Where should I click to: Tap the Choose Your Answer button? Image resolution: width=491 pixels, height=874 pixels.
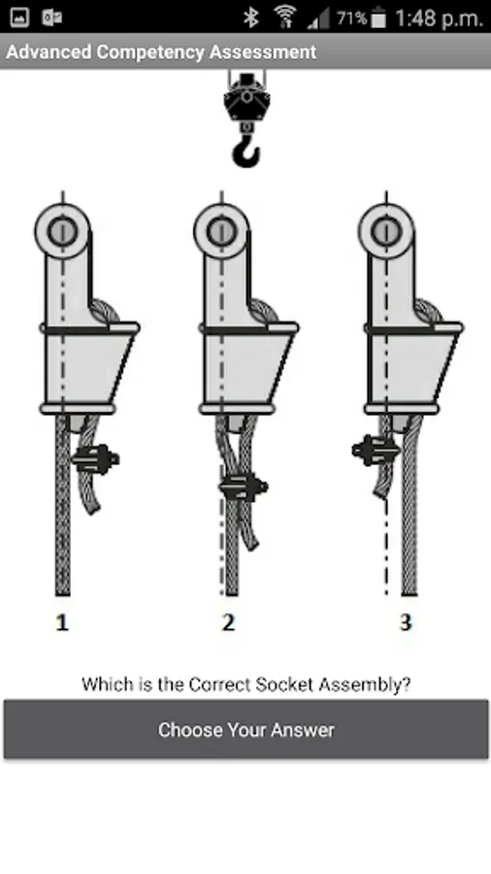pos(245,729)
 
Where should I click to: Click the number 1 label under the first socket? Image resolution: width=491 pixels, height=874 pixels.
pos(62,622)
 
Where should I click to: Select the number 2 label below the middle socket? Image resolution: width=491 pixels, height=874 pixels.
pos(228,622)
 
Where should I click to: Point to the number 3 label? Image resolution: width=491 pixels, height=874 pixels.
pos(406,622)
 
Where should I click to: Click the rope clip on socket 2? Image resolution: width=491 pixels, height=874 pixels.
pos(244,487)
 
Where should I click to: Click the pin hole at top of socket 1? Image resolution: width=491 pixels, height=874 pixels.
pos(62,231)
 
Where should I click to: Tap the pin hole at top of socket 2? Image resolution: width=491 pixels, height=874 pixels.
pos(221,231)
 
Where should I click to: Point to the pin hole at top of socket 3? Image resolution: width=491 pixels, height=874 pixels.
pos(386,231)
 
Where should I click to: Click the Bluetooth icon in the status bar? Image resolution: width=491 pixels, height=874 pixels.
pos(251,17)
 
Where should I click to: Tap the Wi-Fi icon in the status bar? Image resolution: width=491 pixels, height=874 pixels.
pos(285,17)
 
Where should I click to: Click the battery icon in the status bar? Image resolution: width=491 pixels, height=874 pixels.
pos(378,17)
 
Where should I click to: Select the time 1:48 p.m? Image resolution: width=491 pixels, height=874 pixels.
pos(439,18)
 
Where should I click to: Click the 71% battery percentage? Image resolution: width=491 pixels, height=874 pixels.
pos(352,18)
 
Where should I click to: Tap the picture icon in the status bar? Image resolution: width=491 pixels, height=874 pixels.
pos(19,17)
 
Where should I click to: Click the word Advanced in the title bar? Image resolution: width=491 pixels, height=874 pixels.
pos(49,51)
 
